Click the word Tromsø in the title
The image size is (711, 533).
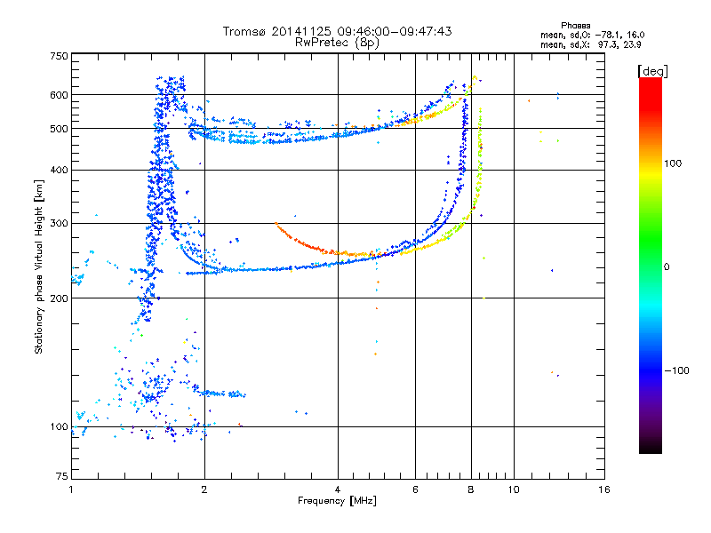247,31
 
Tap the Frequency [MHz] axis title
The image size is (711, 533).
337,501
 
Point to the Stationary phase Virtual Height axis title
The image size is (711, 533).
38,266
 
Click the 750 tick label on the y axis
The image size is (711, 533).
58,56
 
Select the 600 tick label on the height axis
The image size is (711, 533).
58,95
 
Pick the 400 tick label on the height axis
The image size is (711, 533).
58,170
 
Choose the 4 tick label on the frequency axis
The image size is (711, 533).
338,489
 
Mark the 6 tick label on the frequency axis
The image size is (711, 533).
415,489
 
